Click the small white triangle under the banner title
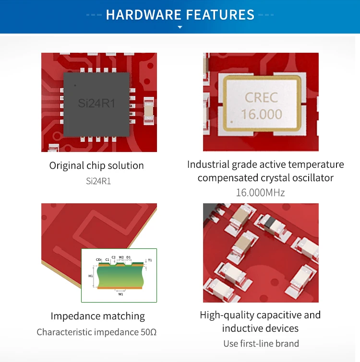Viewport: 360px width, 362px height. [180, 27]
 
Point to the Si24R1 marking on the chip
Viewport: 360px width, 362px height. [96, 103]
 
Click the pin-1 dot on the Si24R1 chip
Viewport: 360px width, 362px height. [75, 85]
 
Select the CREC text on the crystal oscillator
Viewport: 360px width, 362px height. [261, 98]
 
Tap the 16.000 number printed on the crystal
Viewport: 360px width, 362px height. [262, 114]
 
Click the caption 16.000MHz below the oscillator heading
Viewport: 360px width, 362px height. [260, 193]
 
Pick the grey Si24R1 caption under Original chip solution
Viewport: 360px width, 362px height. [98, 181]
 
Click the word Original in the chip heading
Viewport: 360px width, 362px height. [66, 166]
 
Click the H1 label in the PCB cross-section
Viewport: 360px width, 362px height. [90, 277]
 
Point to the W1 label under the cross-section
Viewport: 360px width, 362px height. [120, 294]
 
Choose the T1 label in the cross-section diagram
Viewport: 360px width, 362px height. [150, 260]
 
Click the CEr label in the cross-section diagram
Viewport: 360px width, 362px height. [98, 259]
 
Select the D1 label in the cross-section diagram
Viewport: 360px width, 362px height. [128, 257]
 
